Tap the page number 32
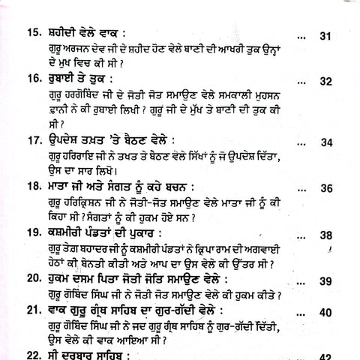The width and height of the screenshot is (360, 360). pyautogui.click(x=325, y=82)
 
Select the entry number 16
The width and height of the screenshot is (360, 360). pyautogui.click(x=34, y=79)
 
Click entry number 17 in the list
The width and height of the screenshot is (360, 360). pyautogui.click(x=34, y=140)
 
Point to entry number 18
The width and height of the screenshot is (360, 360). pyautogui.click(x=34, y=186)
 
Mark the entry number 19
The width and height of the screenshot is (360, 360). pyautogui.click(x=34, y=232)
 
